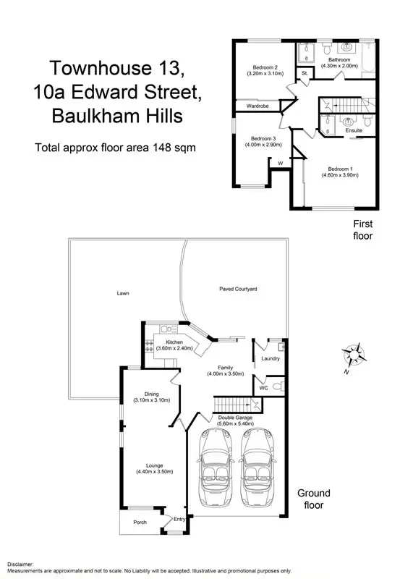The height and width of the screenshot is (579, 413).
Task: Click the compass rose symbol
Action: pos(354,355)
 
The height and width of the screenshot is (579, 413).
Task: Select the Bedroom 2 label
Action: pos(263,67)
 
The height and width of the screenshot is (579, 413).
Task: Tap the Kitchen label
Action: pos(174,342)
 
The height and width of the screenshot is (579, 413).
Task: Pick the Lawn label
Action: pos(123,294)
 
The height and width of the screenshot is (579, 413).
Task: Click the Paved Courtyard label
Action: pos(239,289)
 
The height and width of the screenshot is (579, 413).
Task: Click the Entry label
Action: pos(179,518)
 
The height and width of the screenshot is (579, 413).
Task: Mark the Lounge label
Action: pos(153,465)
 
